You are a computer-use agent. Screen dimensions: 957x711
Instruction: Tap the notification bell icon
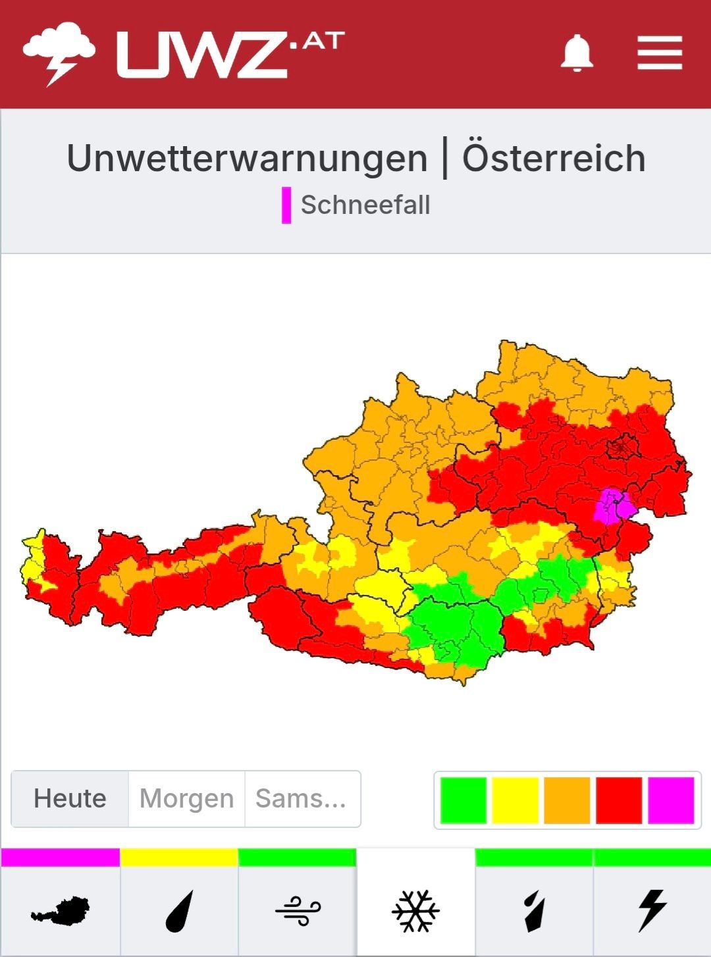(577, 53)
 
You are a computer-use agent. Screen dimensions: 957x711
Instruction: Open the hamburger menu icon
(660, 53)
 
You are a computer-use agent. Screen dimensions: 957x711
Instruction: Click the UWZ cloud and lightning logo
(59, 53)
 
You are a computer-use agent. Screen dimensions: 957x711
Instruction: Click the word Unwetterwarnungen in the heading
(248, 159)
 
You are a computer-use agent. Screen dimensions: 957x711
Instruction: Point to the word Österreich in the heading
(554, 159)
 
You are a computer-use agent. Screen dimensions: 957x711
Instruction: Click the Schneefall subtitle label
(365, 205)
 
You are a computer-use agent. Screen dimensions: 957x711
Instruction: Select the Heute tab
(70, 798)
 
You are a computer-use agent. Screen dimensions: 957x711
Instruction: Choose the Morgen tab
(186, 798)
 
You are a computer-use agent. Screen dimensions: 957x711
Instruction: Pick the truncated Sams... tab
(301, 798)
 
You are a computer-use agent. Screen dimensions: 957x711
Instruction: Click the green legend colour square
(463, 800)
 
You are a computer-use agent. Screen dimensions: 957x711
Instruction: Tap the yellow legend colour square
(515, 800)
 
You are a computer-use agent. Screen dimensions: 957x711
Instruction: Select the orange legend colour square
(567, 800)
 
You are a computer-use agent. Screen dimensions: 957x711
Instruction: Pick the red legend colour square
(619, 800)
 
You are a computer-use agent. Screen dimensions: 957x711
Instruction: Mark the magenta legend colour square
(671, 800)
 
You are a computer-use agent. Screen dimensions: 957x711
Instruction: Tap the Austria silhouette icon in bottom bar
(61, 911)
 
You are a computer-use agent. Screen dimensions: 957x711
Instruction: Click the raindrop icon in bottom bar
(179, 911)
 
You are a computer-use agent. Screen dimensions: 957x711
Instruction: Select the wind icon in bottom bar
(298, 911)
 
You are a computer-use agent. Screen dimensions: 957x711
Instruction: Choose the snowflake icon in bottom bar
(415, 911)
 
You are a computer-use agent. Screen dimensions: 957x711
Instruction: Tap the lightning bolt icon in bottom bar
(652, 911)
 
